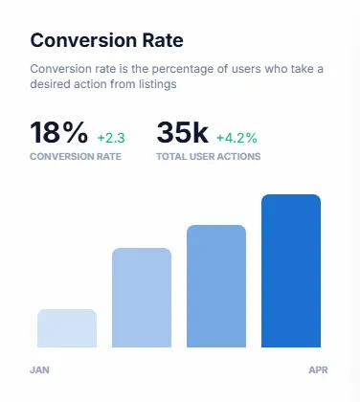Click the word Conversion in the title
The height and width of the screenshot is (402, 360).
(x=83, y=40)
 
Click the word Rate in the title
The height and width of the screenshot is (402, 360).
(x=163, y=40)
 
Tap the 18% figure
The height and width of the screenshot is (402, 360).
(x=58, y=132)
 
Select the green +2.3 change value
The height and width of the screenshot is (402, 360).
(x=111, y=138)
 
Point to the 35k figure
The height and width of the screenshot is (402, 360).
(x=183, y=132)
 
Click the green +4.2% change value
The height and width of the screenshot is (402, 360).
(x=236, y=138)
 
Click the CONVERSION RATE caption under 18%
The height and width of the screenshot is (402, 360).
(x=76, y=157)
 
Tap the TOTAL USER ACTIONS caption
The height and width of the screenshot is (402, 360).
(x=209, y=157)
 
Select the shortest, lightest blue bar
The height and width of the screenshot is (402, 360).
(x=67, y=328)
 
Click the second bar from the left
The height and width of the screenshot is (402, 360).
(x=142, y=298)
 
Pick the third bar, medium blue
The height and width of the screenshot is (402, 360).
(x=216, y=286)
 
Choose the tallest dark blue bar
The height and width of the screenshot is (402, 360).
(x=291, y=271)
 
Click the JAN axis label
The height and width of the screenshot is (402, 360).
(x=39, y=370)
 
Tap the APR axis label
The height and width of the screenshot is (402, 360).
(x=318, y=370)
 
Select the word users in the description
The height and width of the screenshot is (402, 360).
(x=246, y=69)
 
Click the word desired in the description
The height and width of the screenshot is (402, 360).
(x=51, y=84)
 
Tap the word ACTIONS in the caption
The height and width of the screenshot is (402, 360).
(x=240, y=157)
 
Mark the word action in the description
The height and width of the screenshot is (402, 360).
(x=91, y=84)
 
